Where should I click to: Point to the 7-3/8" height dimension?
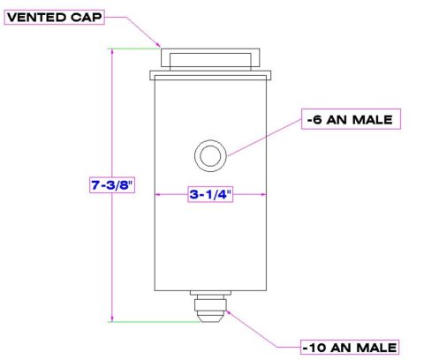click(x=112, y=186)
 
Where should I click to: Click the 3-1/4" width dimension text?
click(x=210, y=196)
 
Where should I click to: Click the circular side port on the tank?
click(x=210, y=156)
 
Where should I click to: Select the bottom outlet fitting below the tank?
click(x=209, y=308)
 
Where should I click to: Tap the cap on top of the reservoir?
click(x=210, y=64)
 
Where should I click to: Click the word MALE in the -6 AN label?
click(x=372, y=118)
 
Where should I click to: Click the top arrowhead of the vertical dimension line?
click(x=112, y=52)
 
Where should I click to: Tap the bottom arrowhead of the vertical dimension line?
click(x=112, y=319)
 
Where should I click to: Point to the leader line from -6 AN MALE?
click(x=265, y=138)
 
